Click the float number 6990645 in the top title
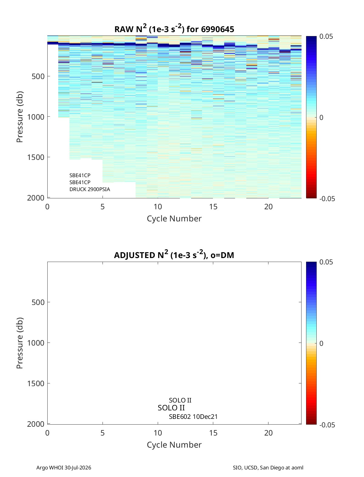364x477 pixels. point(217,29)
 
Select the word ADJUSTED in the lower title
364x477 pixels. point(134,255)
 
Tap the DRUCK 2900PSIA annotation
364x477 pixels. point(90,189)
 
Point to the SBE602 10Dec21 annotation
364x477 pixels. point(193,417)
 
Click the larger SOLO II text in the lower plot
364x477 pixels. point(171,408)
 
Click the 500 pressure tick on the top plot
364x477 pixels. point(38,76)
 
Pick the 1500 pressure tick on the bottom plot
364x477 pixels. point(36,383)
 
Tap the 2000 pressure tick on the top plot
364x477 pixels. point(36,198)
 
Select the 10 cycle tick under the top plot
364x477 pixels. point(158,207)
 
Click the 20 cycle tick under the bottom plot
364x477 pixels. point(268,433)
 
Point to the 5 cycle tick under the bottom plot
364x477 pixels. point(103,433)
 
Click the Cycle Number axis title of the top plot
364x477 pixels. point(174,219)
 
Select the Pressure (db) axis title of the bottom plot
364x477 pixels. point(20,343)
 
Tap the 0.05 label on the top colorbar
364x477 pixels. point(326,37)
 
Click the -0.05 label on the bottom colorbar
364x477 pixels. point(327,425)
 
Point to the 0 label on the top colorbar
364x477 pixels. point(321,118)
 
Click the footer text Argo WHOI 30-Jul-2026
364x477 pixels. point(64,467)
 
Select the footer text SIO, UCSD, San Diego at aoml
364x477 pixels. point(268,467)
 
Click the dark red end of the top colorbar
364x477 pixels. point(311,197)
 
